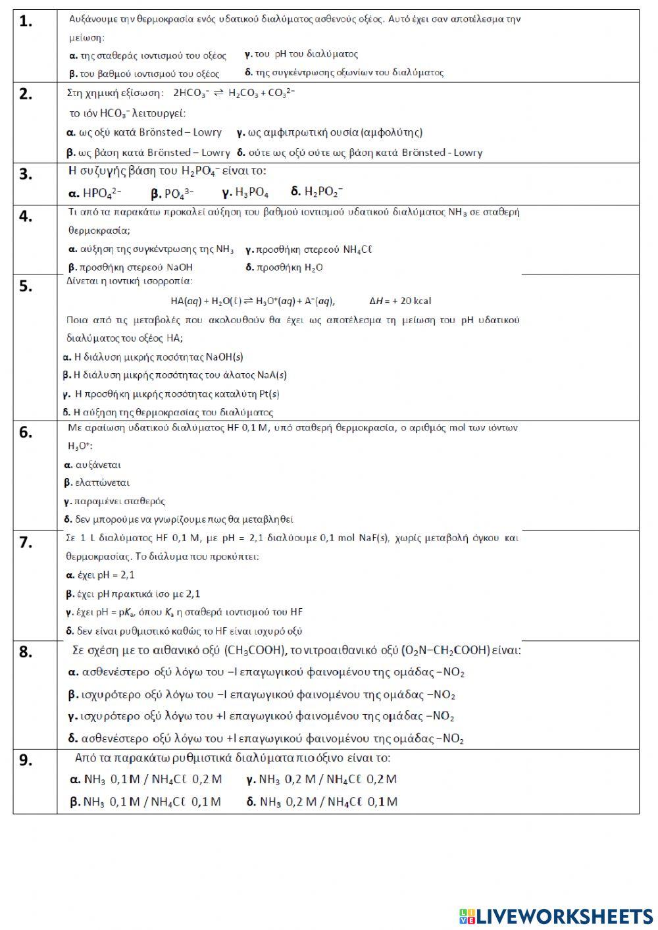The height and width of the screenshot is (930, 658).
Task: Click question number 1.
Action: [26, 22]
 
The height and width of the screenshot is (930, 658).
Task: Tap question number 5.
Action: [26, 286]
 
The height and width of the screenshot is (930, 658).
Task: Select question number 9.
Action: [26, 760]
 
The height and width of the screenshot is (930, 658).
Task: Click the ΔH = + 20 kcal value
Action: [400, 301]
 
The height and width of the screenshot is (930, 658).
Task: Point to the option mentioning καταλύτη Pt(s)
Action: [171, 394]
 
